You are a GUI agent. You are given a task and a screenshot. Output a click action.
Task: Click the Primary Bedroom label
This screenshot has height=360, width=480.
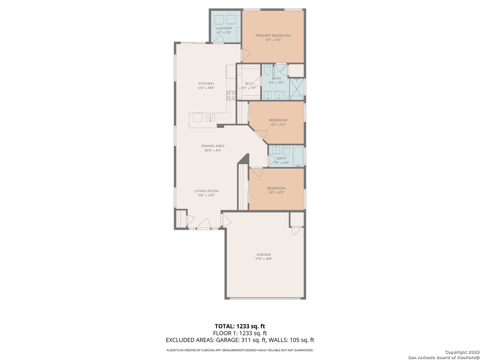pyautogui.click(x=273, y=36)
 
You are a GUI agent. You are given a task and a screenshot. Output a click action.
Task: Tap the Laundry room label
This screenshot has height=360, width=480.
pyautogui.click(x=224, y=28)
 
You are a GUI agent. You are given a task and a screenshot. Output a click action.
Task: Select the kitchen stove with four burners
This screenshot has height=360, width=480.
pyautogui.click(x=231, y=96)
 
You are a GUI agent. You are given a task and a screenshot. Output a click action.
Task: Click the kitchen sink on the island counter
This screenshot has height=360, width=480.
pyautogui.click(x=210, y=118)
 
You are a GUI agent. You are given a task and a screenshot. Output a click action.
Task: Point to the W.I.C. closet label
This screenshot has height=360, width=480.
pyautogui.click(x=249, y=84)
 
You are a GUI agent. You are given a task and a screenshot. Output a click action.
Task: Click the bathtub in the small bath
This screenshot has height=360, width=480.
pyautogui.click(x=298, y=156)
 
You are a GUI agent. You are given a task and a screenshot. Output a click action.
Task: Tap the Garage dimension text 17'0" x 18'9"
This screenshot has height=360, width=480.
pyautogui.click(x=264, y=259)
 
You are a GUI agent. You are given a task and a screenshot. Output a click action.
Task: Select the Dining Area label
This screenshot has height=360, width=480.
pyautogui.click(x=213, y=146)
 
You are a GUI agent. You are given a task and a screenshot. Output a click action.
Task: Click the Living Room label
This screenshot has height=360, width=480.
pyautogui.click(x=206, y=191)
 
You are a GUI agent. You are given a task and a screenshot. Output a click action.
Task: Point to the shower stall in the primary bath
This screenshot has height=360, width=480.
pyautogui.click(x=297, y=89)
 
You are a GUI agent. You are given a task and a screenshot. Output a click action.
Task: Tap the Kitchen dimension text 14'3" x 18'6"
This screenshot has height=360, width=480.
pyautogui.click(x=206, y=88)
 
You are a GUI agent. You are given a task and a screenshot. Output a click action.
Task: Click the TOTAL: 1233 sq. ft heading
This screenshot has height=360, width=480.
pyautogui.click(x=240, y=326)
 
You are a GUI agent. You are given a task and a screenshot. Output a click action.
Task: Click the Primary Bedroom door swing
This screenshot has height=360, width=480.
pyautogui.click(x=246, y=56)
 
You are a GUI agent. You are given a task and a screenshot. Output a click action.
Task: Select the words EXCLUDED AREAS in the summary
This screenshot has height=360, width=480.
pyautogui.click(x=190, y=340)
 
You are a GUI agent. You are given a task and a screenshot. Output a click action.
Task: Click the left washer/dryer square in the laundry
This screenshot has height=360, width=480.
pyautogui.click(x=219, y=20)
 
